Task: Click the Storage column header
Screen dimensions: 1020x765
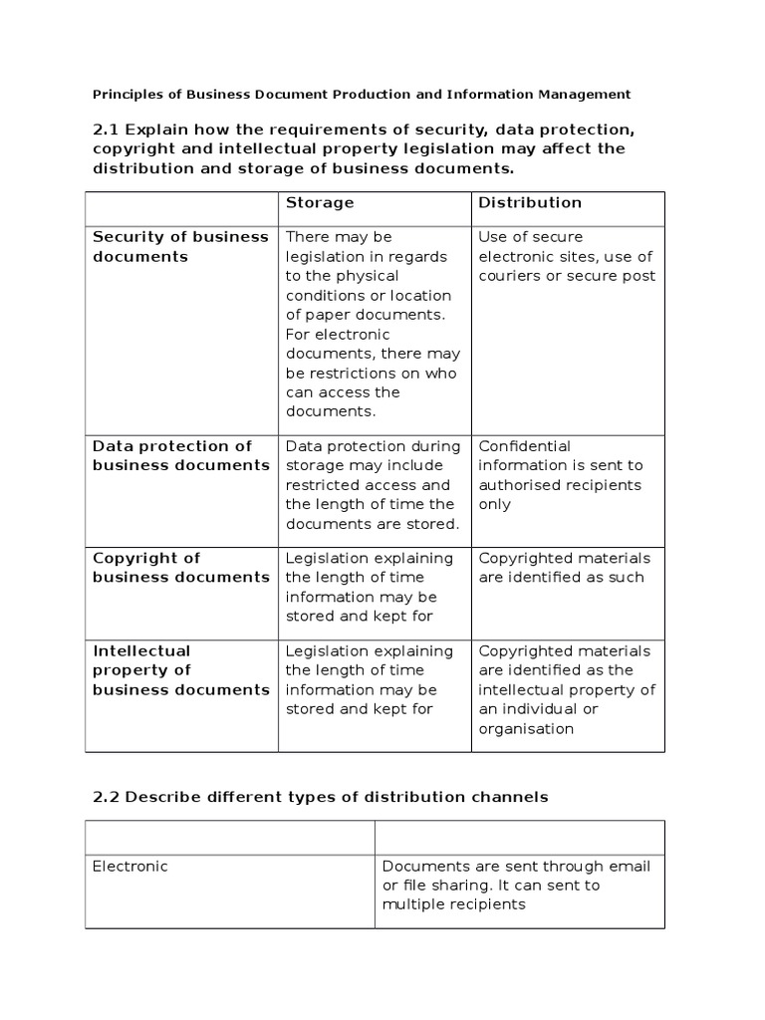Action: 320,203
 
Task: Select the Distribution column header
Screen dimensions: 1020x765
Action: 530,203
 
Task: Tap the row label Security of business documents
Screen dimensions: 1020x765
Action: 180,247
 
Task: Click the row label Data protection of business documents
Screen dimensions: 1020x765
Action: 180,456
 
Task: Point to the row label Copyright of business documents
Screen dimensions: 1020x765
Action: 180,568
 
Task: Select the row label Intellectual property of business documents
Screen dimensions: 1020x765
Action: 180,670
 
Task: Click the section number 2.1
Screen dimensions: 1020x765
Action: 107,129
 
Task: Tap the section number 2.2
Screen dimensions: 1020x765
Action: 107,798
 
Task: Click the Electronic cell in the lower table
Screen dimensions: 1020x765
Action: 130,867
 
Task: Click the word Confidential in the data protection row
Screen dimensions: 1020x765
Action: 525,446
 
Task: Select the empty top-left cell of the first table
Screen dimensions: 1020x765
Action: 181,208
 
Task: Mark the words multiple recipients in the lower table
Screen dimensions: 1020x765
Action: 455,904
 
